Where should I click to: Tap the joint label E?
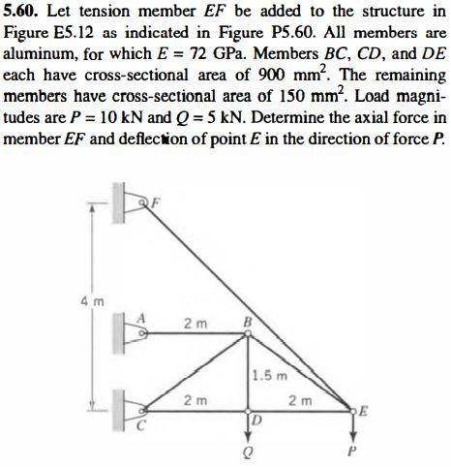coord(363,408)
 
